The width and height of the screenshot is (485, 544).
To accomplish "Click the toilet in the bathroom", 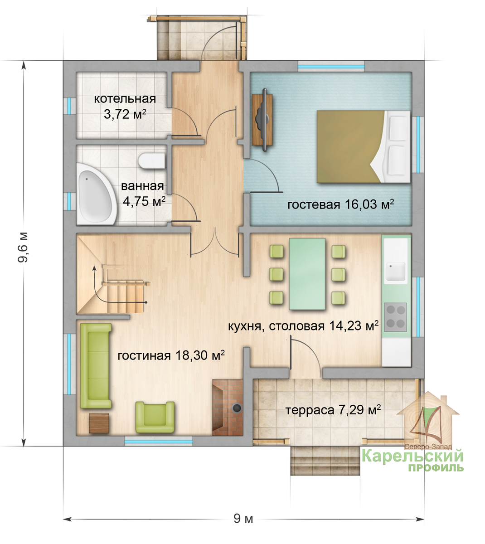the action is point(151,160).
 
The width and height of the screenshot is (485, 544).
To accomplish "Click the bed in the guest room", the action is point(364,146).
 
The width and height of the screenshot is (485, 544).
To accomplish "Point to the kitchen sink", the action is point(396,272).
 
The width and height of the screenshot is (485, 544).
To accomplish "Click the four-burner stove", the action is point(395,317).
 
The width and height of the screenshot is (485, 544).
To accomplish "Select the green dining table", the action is point(307,274).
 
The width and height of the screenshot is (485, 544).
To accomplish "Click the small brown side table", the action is point(99,423).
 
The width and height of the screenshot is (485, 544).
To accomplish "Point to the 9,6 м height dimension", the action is point(23,247).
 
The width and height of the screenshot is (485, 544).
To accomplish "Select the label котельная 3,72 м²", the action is point(125,107).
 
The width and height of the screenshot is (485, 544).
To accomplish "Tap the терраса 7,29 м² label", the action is point(333,410).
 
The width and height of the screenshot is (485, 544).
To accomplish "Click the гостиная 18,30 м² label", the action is point(171,355).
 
